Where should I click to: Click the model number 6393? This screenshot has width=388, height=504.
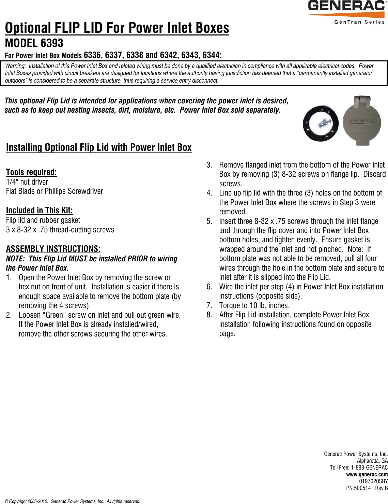(52, 43)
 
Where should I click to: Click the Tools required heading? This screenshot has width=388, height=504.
(31, 172)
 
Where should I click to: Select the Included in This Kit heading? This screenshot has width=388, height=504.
(39, 210)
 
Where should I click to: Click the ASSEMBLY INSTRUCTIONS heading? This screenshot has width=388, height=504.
(53, 248)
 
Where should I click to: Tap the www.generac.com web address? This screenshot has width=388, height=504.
(367, 474)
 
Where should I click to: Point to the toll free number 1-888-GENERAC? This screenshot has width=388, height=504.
(369, 467)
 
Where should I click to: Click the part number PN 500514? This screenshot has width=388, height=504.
(358, 488)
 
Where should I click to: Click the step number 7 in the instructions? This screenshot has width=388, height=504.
(209, 305)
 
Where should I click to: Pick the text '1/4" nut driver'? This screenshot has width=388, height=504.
(27, 182)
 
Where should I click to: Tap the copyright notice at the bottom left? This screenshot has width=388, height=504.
(72, 501)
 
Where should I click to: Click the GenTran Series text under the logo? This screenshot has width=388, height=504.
(359, 22)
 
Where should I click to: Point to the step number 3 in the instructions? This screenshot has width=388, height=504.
(209, 165)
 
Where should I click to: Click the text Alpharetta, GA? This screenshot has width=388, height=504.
(372, 461)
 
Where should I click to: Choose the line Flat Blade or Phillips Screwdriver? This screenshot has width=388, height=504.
(55, 191)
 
